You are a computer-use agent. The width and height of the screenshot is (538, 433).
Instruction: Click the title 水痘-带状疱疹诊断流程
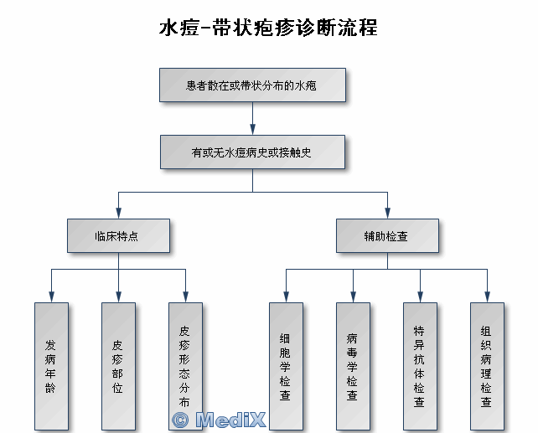coord(268,28)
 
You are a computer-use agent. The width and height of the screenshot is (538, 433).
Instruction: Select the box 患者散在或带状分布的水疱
coord(252,85)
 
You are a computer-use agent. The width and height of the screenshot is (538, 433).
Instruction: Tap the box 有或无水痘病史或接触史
coord(252,152)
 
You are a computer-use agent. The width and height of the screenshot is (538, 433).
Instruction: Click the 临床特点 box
coord(118,236)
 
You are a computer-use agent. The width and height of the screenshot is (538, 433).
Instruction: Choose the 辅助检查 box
coord(387,236)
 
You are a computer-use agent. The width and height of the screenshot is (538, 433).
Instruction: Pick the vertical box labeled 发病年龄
coord(51,366)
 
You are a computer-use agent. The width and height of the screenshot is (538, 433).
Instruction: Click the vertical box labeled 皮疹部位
coord(118,366)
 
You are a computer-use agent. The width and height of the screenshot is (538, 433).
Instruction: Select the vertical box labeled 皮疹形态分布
coord(185,366)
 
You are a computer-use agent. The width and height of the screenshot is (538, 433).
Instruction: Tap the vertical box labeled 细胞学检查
coord(286,366)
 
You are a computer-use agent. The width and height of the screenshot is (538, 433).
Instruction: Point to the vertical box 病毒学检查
coord(353,366)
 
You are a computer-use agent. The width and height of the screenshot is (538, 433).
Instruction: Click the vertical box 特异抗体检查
coord(420,366)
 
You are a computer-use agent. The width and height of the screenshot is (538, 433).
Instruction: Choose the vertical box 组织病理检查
coord(487,366)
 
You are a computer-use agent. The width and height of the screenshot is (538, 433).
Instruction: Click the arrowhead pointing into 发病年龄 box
coord(51,296)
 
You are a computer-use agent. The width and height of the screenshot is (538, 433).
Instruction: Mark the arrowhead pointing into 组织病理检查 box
coord(487,296)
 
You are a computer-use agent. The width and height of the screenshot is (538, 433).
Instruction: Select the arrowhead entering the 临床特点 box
coord(118,213)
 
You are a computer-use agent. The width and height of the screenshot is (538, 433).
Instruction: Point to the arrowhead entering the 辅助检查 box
coord(387,213)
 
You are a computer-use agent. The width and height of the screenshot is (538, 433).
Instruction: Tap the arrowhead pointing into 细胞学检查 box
coord(286,296)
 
